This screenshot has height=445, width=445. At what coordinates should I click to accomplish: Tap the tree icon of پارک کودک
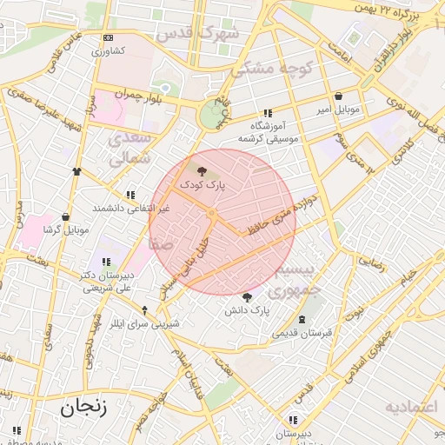[203, 172]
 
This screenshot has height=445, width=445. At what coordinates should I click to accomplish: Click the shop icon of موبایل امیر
[338, 96]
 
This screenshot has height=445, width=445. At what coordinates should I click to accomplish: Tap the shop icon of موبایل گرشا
[65, 216]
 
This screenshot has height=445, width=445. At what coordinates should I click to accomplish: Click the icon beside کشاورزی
[108, 38]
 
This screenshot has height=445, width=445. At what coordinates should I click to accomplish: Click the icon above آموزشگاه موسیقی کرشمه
[268, 113]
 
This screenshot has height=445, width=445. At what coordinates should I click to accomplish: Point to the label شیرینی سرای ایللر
[145, 323]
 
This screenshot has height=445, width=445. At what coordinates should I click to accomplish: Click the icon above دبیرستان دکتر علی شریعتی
[105, 261]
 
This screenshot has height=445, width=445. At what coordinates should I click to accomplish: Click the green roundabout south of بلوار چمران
[212, 116]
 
